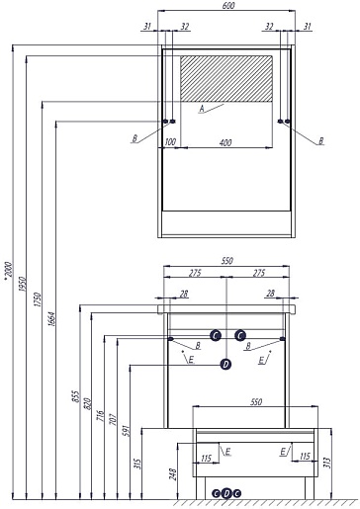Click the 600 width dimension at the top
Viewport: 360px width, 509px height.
228,6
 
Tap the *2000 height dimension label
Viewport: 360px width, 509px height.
8,270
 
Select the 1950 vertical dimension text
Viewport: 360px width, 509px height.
22,284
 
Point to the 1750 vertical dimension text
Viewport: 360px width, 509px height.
38,299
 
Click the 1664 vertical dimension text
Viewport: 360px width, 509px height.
51,319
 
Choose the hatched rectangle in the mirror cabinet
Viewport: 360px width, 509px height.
226,78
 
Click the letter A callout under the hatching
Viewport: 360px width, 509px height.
202,109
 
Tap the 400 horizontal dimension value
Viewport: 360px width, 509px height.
225,142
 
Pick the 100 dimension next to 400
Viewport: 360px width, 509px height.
170,142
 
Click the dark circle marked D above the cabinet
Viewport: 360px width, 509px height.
225,364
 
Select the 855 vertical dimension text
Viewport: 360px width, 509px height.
75,396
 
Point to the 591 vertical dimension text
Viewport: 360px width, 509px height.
126,431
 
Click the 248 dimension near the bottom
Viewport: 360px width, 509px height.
173,473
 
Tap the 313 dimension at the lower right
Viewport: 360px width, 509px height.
326,463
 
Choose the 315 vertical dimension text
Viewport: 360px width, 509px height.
138,464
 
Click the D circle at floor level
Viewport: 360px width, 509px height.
226,493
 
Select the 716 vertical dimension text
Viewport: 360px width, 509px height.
100,415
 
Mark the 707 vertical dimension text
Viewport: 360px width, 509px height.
113,419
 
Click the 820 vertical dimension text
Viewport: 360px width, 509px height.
88,403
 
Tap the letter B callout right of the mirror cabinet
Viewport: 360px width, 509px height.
320,141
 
